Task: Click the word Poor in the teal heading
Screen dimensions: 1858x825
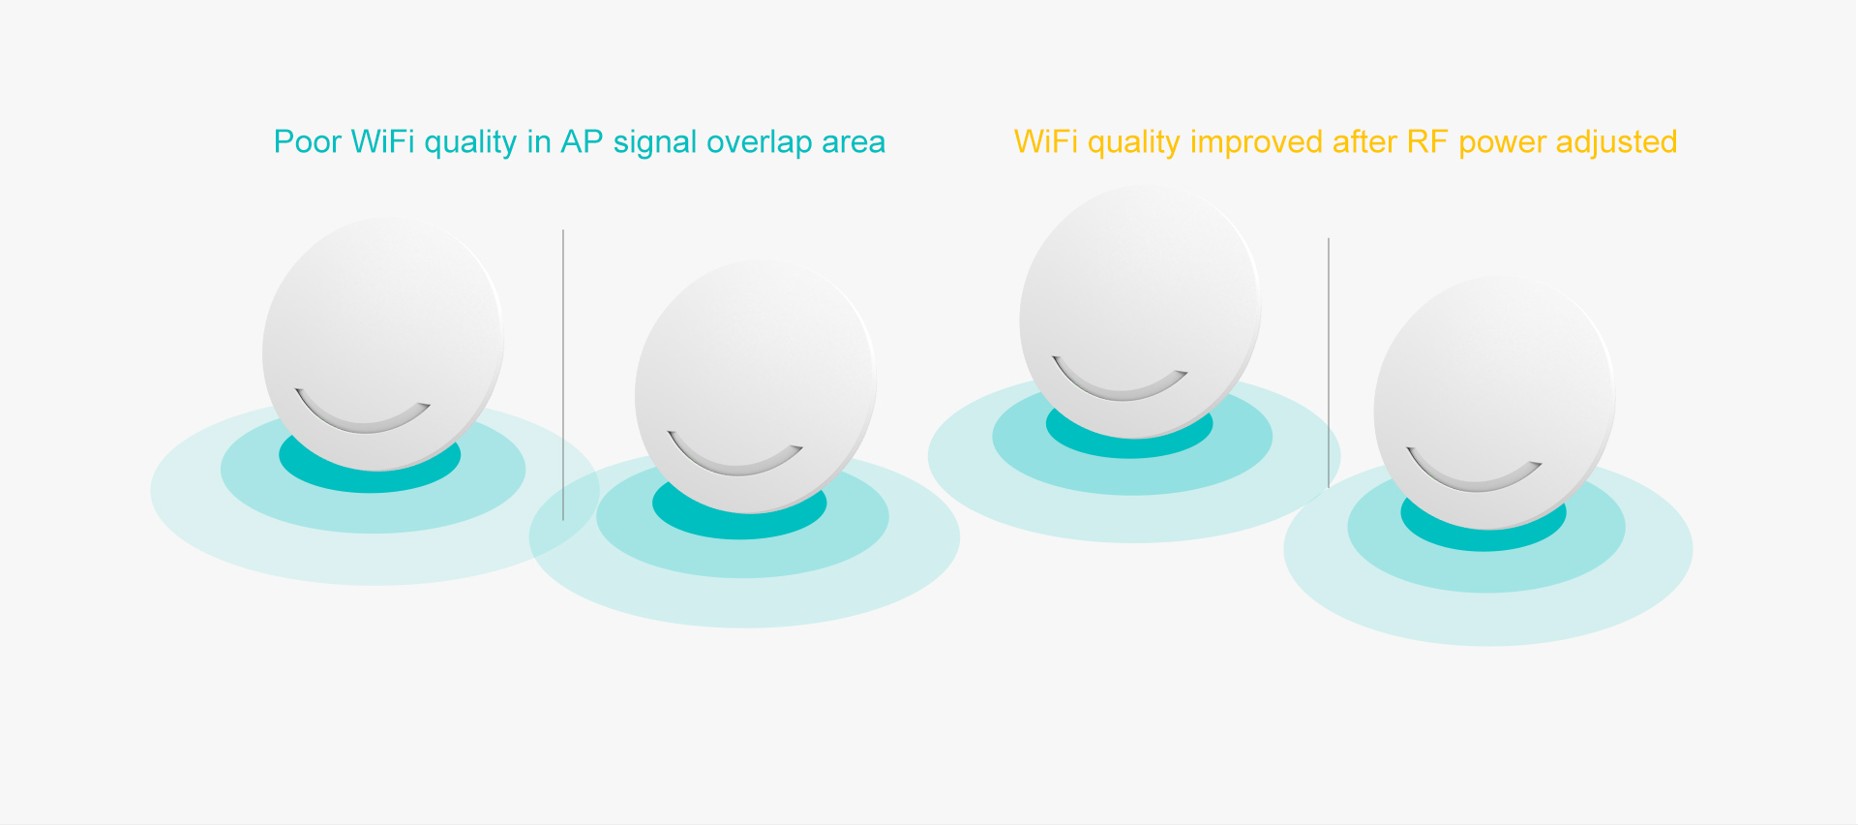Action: click(308, 141)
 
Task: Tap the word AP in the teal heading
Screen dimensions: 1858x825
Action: click(582, 141)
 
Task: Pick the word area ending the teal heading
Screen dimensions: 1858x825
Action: click(854, 143)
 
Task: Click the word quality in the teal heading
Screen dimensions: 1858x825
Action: click(470, 142)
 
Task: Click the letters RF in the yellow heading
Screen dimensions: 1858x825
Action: click(1427, 141)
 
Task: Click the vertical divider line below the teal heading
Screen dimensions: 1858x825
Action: click(563, 375)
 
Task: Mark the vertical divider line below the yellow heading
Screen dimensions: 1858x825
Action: click(1329, 363)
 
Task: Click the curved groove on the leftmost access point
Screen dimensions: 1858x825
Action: click(363, 422)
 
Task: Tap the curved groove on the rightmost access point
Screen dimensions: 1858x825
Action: click(1474, 480)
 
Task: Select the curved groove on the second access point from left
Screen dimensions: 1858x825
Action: click(735, 465)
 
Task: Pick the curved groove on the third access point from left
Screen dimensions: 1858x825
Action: click(1121, 390)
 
